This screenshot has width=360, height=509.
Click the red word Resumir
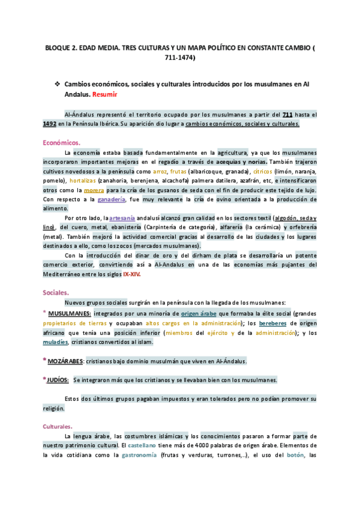click(x=105, y=95)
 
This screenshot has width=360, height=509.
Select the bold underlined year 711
click(x=288, y=114)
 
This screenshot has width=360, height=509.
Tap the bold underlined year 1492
click(x=50, y=124)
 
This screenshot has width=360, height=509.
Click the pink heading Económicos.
click(x=61, y=142)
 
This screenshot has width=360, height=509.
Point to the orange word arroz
click(x=160, y=171)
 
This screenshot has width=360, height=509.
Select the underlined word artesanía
click(x=122, y=218)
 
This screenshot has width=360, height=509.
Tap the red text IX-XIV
click(x=132, y=274)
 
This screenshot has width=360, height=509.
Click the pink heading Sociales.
click(x=56, y=292)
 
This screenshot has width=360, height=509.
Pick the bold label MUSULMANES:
click(x=70, y=314)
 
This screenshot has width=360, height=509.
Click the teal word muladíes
click(x=55, y=342)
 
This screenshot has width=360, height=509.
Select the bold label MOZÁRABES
click(x=66, y=361)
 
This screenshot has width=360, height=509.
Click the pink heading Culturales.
click(x=58, y=426)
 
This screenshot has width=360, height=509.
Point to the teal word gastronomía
click(x=140, y=456)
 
